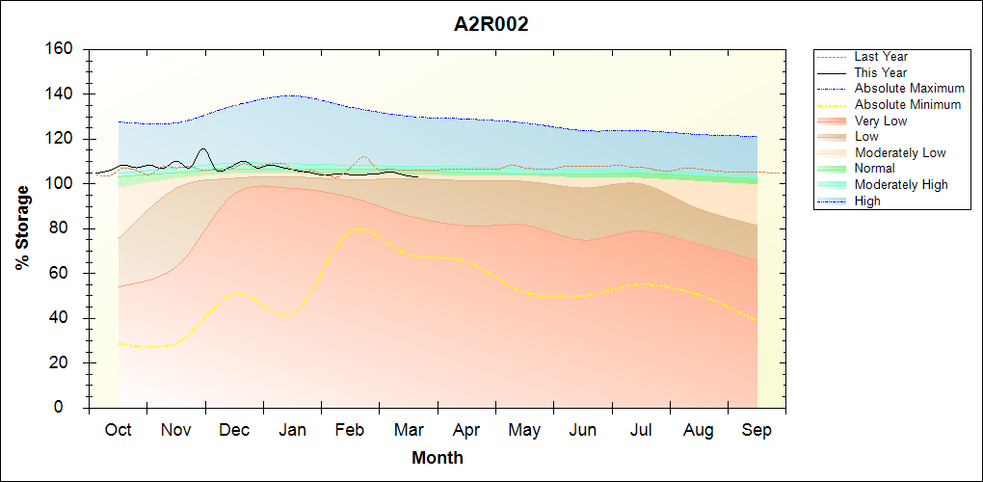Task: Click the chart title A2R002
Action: pyautogui.click(x=491, y=25)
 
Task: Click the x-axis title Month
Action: pyautogui.click(x=438, y=458)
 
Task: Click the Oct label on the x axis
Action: pyautogui.click(x=119, y=430)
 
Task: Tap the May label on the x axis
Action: pyautogui.click(x=524, y=430)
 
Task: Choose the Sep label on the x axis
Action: pyautogui.click(x=757, y=430)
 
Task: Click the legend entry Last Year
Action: pyautogui.click(x=881, y=57)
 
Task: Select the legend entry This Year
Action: pyautogui.click(x=881, y=72)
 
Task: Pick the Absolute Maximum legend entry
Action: pyautogui.click(x=909, y=89)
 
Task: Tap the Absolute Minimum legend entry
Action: pyautogui.click(x=907, y=104)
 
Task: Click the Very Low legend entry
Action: pyautogui.click(x=881, y=120)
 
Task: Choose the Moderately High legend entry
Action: pyautogui.click(x=901, y=184)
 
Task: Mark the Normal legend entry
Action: pyautogui.click(x=874, y=169)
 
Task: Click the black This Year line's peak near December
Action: pyautogui.click(x=202, y=149)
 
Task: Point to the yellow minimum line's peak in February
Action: pyautogui.click(x=359, y=228)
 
